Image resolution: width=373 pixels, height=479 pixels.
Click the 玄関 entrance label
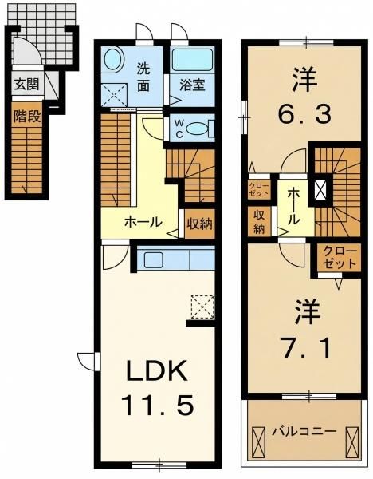(27, 85)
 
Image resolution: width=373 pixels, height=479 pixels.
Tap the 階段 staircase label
(27, 116)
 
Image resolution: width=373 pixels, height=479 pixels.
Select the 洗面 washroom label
(143, 77)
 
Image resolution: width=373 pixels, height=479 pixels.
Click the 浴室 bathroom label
(191, 85)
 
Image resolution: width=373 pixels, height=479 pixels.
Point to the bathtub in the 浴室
(192, 60)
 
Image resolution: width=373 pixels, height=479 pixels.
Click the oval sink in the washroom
(113, 60)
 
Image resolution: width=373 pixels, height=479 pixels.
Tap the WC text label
(179, 129)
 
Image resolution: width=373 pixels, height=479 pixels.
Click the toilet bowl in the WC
(197, 129)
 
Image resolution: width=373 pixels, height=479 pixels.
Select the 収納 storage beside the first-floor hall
(199, 224)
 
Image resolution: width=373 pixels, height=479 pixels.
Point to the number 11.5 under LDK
(158, 405)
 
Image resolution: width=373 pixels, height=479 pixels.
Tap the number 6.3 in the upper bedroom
(304, 113)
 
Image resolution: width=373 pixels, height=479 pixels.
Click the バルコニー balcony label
(304, 432)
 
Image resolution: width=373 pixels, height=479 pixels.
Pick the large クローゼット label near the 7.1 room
(340, 258)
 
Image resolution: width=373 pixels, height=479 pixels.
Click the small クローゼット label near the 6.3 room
(259, 189)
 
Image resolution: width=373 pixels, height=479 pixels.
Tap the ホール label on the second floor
(293, 206)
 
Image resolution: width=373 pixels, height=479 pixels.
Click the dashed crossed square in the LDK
(202, 307)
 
